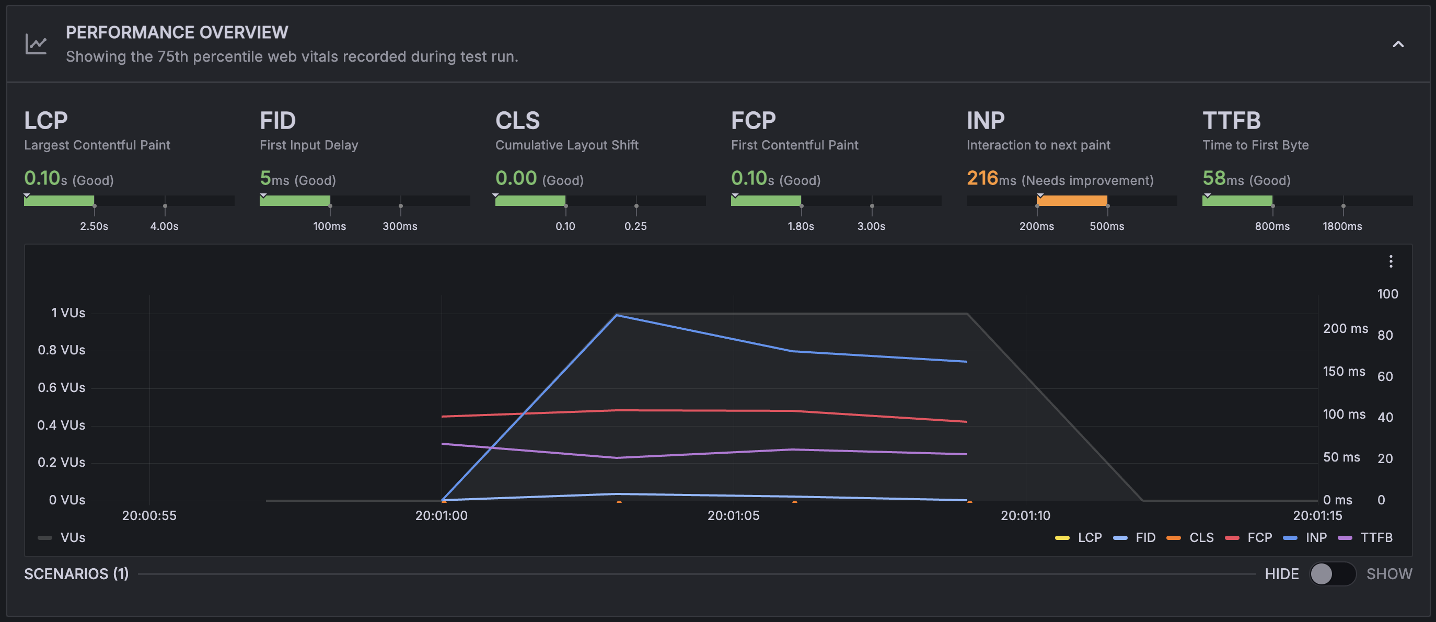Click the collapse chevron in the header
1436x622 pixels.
[1397, 44]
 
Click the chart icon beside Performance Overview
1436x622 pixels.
[36, 44]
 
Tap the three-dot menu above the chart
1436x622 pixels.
[1391, 261]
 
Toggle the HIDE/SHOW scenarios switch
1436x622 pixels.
[1332, 573]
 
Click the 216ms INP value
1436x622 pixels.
[982, 178]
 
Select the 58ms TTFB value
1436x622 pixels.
[1213, 178]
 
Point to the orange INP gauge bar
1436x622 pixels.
[1071, 201]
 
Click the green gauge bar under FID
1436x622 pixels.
[294, 201]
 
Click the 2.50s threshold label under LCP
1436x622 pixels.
[94, 226]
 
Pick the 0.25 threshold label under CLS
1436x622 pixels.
[635, 226]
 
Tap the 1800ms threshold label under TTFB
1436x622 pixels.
[1342, 226]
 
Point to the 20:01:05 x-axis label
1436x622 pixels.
[733, 515]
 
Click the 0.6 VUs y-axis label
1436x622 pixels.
[61, 387]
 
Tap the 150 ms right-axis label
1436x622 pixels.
[1344, 371]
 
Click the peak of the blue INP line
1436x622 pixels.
[617, 316]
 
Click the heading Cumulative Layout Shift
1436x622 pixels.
[566, 145]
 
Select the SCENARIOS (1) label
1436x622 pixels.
[76, 573]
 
